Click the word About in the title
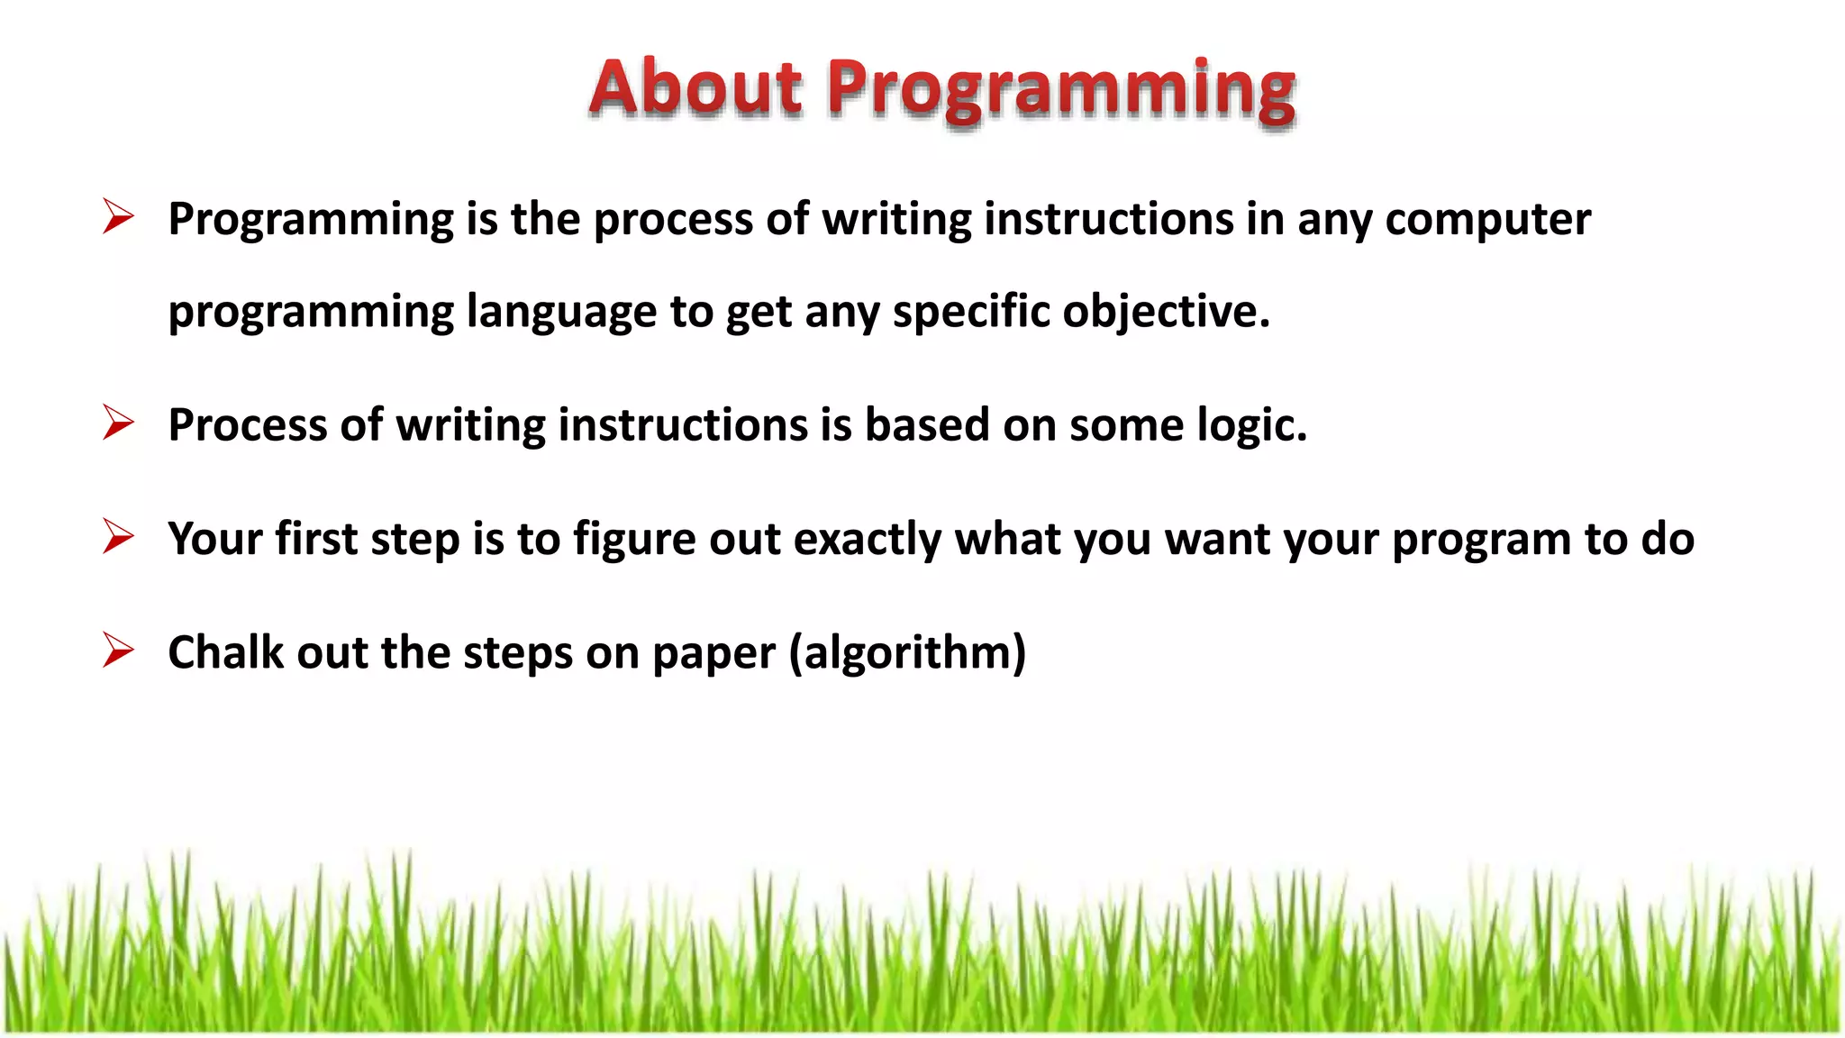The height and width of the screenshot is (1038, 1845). point(695,88)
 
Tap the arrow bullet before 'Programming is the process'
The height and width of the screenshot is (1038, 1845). point(118,217)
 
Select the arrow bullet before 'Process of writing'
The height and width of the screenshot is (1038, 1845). point(118,423)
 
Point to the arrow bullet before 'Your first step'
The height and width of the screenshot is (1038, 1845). point(118,537)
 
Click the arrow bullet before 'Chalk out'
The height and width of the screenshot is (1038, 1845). point(118,651)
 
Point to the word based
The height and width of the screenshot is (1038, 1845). point(927,424)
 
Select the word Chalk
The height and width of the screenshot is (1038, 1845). point(225,652)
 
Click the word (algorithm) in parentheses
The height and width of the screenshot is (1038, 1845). point(907,653)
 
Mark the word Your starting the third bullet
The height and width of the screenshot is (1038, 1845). point(215,539)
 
